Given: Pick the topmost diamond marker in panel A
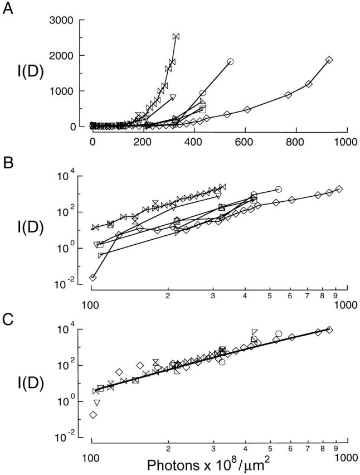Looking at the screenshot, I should coord(329,60).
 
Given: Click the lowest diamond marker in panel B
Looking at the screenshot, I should coord(93,277).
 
